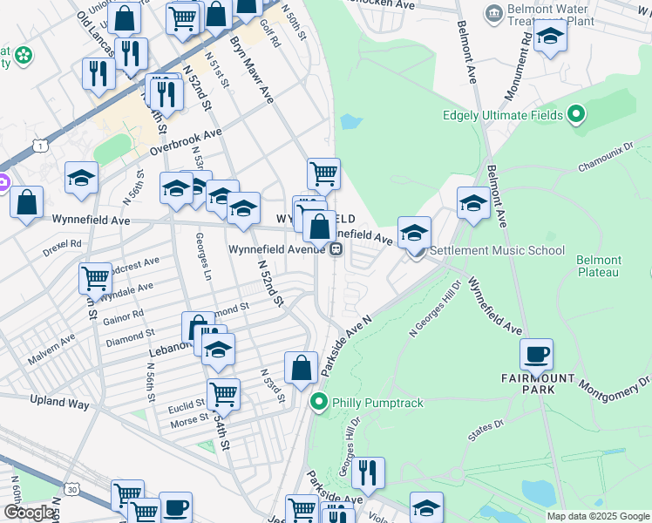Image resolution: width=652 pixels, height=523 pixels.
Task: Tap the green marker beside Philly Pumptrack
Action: coord(319,402)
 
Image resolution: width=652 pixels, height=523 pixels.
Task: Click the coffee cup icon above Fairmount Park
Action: coord(537,354)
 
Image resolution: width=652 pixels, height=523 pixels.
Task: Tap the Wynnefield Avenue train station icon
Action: coord(335,249)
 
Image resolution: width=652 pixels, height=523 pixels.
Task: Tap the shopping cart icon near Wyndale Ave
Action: coord(95,278)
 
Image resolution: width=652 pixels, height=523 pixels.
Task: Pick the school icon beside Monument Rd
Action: coord(550,37)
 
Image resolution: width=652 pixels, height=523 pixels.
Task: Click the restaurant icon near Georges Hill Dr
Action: coord(368,472)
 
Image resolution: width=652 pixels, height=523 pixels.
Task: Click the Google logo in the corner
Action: coord(29,513)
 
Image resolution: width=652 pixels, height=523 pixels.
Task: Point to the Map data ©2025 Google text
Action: coord(597,516)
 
